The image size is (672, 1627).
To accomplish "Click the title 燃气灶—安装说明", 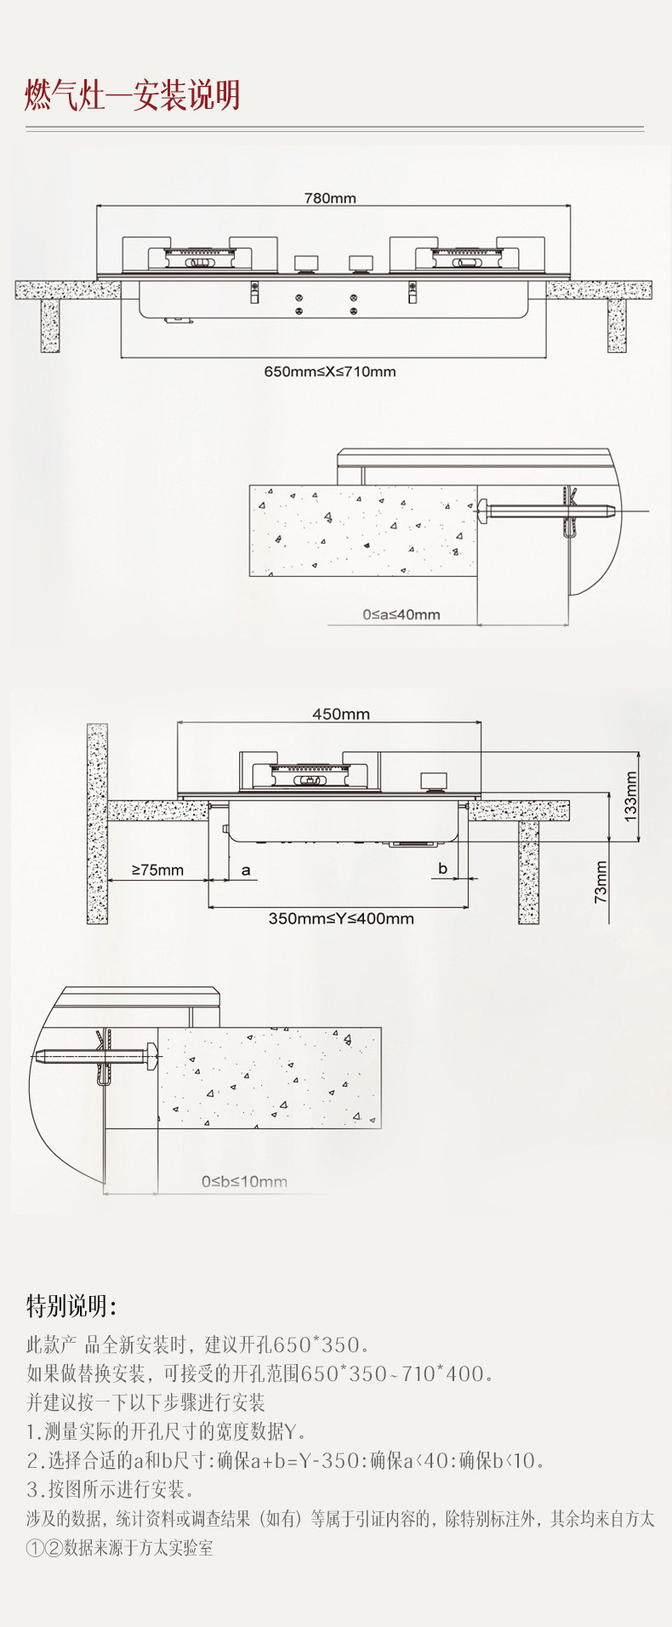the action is [x=132, y=96].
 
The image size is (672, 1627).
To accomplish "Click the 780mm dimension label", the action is [x=330, y=198].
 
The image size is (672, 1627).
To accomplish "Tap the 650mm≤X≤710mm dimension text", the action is [x=330, y=372].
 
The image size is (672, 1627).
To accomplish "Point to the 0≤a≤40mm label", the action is [x=401, y=614].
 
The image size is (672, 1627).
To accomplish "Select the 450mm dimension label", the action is [x=340, y=714].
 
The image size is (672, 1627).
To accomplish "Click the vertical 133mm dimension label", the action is [x=630, y=795].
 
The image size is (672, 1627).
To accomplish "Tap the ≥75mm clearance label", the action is [x=157, y=870].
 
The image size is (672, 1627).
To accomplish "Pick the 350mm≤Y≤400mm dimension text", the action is [x=341, y=918].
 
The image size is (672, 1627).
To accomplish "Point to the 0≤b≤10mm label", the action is [x=244, y=1181].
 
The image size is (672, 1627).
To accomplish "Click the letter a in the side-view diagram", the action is [x=246, y=870].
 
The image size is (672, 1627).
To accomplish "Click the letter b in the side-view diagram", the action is [x=442, y=869].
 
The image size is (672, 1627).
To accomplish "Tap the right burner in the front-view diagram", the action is [x=467, y=256].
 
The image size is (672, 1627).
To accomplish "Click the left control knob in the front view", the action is [x=306, y=262].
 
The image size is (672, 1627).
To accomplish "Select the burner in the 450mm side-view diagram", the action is [x=309, y=774].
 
